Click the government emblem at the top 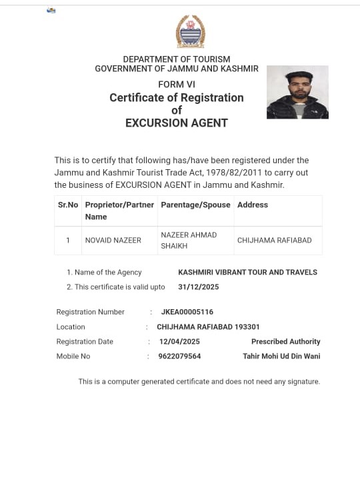tap(190, 32)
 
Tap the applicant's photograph tap(297, 92)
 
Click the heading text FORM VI tap(177, 84)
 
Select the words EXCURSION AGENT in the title tap(177, 123)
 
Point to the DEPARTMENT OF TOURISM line tap(177, 59)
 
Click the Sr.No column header tap(68, 205)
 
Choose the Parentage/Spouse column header tap(195, 205)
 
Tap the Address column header tap(253, 205)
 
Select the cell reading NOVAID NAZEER tap(113, 240)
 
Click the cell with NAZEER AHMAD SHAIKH tap(189, 240)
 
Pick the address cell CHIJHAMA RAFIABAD tap(274, 240)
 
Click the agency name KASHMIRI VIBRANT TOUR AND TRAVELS tap(247, 272)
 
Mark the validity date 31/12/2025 tap(198, 286)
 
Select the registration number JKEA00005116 tap(187, 312)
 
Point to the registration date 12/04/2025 tap(179, 341)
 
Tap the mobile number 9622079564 tap(180, 356)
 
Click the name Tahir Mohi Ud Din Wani tap(281, 356)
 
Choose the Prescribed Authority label tap(285, 341)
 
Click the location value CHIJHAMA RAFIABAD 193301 tap(208, 326)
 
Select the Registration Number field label tap(90, 312)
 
